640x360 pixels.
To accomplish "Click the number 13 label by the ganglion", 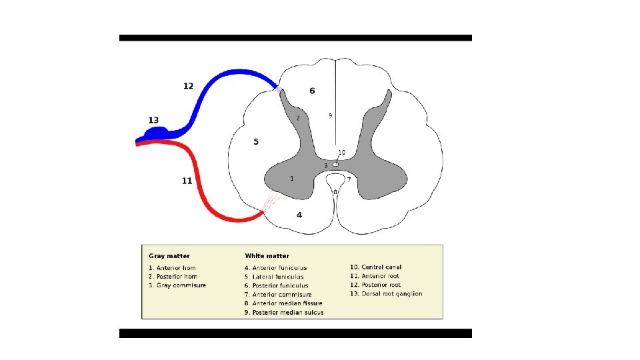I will (153, 120).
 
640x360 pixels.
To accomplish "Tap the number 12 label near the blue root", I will (188, 85).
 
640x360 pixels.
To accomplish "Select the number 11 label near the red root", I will (187, 181).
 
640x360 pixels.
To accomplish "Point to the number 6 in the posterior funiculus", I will (312, 91).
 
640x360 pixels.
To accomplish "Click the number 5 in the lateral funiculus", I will (256, 141).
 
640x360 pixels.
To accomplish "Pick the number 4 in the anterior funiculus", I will (299, 215).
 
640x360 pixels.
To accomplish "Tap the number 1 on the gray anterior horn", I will (291, 178).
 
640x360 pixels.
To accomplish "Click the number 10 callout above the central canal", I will (341, 152).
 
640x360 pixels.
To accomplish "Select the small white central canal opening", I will (335, 164).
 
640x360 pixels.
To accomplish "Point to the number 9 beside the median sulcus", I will (330, 115).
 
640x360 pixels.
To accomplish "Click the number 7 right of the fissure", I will (349, 179).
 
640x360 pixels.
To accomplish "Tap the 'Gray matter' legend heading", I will (169, 255).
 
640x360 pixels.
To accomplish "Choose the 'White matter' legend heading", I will (267, 255).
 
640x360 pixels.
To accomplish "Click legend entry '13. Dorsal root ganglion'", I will (386, 294).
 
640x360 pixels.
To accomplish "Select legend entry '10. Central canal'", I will (376, 267).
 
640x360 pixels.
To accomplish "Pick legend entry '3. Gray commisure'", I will (177, 285).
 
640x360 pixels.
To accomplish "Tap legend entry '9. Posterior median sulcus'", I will (284, 312).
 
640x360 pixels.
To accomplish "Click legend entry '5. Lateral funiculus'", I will (274, 277).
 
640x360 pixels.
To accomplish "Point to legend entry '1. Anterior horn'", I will (173, 268).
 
